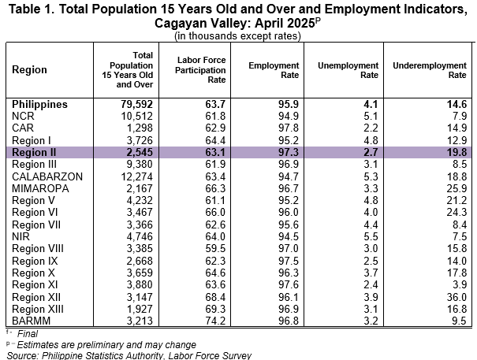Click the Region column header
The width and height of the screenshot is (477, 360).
[x=29, y=69]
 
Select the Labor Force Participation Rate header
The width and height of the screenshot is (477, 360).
[x=200, y=70]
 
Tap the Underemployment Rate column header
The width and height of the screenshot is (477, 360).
[x=430, y=70]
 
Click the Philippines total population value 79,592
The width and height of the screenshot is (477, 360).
[x=136, y=104]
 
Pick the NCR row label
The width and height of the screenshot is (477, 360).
[x=23, y=116]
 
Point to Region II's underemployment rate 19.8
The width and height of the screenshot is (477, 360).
[x=457, y=152]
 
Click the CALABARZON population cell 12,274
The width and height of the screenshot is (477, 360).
[x=137, y=176]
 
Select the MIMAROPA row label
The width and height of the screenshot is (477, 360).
[x=40, y=188]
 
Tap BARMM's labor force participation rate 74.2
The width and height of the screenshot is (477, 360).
[x=215, y=321]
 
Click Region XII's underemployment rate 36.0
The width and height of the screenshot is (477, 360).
[x=457, y=297]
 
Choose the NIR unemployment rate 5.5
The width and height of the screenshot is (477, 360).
[x=371, y=236]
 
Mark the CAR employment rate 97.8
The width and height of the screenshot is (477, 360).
[x=289, y=128]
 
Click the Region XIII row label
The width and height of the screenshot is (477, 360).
[x=38, y=309]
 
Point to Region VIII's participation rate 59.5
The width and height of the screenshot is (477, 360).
[x=215, y=248]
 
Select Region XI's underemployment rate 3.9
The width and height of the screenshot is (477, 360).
[x=460, y=284]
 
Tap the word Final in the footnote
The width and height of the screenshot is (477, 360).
[x=28, y=333]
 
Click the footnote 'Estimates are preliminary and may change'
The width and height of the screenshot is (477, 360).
[x=106, y=345]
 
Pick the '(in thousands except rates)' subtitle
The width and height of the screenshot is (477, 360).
[x=237, y=36]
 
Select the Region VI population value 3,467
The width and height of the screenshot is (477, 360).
[x=140, y=212]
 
